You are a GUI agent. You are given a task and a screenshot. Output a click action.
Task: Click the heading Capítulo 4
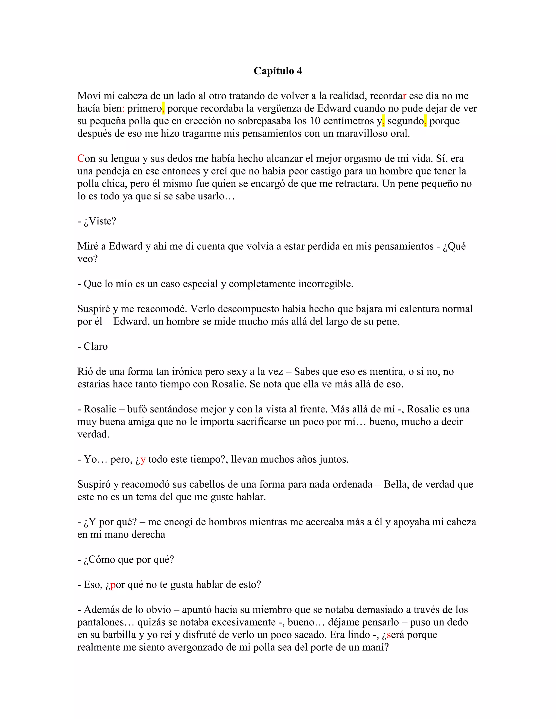pyautogui.click(x=278, y=71)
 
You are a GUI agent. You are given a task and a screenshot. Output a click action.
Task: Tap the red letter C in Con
pyautogui.click(x=81, y=159)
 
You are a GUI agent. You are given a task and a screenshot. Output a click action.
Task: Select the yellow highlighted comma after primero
pyautogui.click(x=163, y=108)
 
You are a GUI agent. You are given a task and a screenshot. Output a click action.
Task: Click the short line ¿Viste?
pyautogui.click(x=97, y=221)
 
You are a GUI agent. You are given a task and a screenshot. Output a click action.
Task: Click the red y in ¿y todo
pyautogui.click(x=143, y=460)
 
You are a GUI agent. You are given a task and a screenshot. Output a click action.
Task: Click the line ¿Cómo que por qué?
pyautogui.click(x=126, y=560)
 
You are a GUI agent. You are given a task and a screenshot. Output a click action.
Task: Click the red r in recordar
pyautogui.click(x=405, y=96)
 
